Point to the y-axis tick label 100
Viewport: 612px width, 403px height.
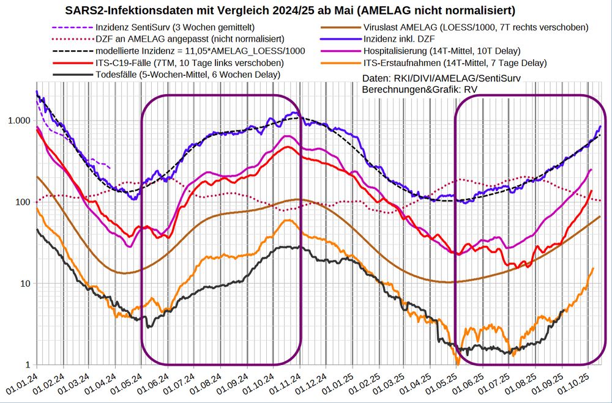click(24, 202)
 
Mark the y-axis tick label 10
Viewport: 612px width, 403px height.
click(26, 284)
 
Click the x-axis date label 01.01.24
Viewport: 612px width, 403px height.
click(23, 383)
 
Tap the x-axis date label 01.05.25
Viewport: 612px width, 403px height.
click(447, 383)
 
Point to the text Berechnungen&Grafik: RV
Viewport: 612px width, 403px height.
click(420, 89)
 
